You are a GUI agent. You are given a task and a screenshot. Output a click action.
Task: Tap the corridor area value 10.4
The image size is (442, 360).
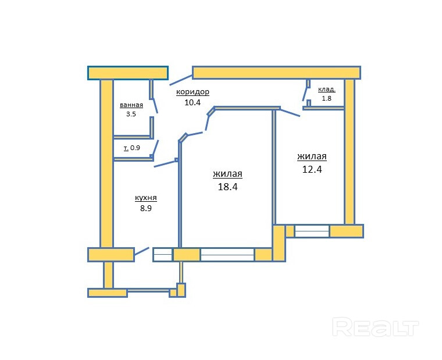coord(192,102)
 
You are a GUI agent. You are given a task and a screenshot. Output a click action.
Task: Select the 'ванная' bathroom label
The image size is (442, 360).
coord(131,105)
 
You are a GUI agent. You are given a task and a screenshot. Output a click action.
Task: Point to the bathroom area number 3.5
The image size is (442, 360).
coord(131,114)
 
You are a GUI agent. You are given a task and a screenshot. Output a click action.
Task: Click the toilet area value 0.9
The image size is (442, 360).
coord(135,148)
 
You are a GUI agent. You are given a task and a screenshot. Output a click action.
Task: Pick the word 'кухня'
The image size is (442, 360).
coord(145,198)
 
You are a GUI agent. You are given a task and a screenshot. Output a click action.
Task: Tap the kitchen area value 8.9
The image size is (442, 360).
coord(145,208)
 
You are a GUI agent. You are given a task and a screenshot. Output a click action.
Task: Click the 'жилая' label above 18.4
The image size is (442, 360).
coord(227,174)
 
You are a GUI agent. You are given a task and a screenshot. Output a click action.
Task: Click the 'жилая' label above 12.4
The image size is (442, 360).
coord(312,156)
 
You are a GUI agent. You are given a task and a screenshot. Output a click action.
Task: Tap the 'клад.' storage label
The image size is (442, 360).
coord(326,89)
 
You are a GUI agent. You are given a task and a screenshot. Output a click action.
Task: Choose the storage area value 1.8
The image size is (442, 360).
coord(326,98)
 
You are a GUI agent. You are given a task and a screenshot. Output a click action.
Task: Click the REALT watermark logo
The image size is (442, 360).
coord(376,327)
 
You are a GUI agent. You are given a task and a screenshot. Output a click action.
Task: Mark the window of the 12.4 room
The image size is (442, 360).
coord(312,231)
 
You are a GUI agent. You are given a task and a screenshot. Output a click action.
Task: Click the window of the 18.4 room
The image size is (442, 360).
coord(227,255)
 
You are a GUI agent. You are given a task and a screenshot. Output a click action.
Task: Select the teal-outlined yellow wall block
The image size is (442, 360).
coord(128,72)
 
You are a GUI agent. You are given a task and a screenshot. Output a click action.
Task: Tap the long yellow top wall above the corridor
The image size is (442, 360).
coord(276,72)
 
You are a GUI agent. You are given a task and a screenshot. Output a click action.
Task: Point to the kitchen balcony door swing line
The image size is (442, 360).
coord(141,252)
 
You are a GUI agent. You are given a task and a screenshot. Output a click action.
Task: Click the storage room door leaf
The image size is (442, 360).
coord(305,94)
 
